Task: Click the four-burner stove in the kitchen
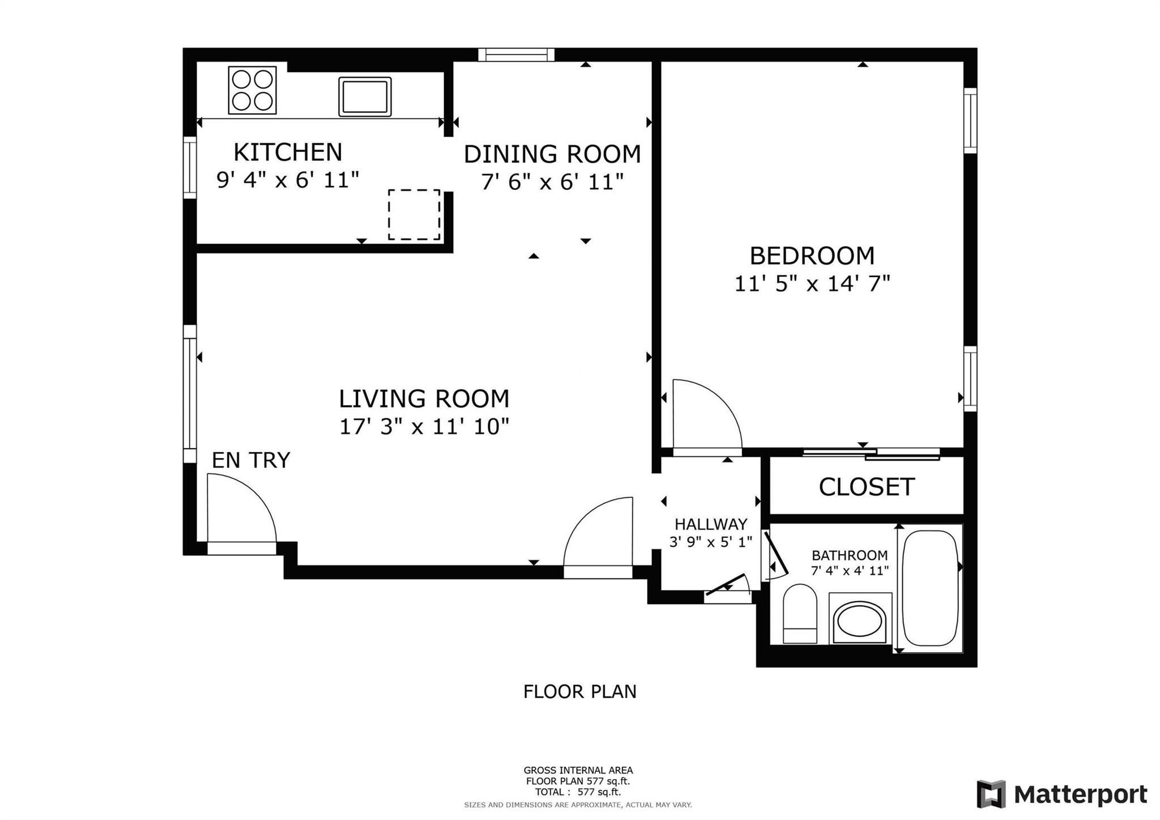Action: pos(252,90)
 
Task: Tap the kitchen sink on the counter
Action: pos(365,96)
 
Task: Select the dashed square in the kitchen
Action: pos(414,215)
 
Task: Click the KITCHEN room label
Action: pos(288,152)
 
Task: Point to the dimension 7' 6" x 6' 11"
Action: pos(552,182)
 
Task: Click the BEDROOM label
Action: pos(812,256)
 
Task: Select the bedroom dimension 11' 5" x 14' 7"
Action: pos(812,283)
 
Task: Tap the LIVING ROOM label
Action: pos(424,399)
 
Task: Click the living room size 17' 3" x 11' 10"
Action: pos(424,427)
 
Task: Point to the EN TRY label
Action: pos(251,460)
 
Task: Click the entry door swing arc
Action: pos(249,499)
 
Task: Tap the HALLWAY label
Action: pos(711,524)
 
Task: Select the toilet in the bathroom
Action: pos(800,615)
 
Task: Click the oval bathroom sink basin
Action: pos(860,621)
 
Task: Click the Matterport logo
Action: pos(1062,794)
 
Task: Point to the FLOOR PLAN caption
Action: pos(579,692)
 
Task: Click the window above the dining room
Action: pos(516,55)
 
